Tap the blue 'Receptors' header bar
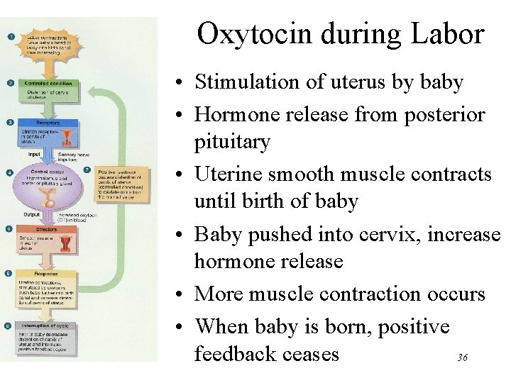(46, 123)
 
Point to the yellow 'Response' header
(47, 273)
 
